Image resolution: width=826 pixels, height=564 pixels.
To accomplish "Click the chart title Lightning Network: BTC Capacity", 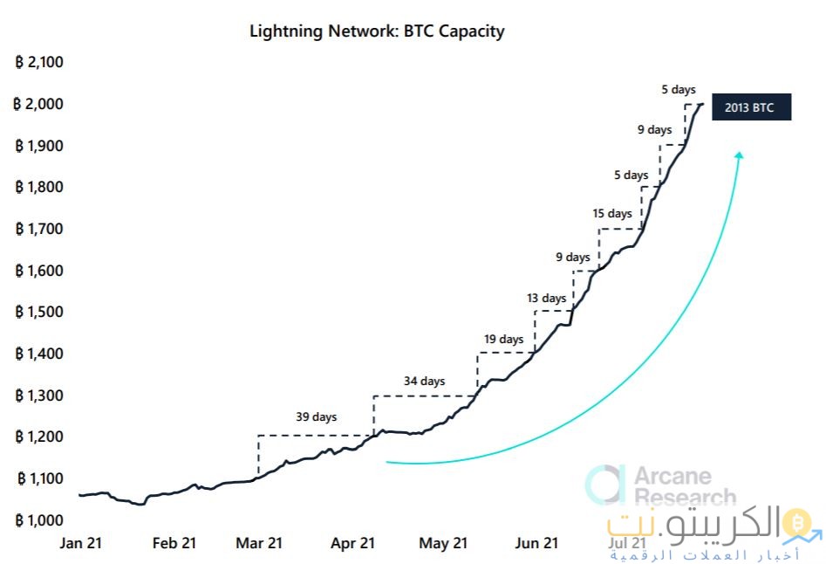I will [377, 31].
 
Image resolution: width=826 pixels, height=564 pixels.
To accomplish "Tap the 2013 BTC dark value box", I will [751, 107].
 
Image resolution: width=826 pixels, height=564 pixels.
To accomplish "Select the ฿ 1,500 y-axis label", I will [40, 312].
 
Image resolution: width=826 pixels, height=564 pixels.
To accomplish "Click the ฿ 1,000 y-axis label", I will [40, 519].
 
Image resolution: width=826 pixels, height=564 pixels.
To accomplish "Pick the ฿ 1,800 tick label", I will [40, 187].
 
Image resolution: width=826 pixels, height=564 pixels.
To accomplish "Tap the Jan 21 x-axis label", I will [81, 543].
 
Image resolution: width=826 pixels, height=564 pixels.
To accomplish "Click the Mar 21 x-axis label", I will [260, 543].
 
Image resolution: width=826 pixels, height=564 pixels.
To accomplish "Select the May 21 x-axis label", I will [443, 543].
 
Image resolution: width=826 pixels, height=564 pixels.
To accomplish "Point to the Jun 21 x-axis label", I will [536, 543].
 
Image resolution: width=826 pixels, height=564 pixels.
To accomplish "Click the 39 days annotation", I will [316, 417].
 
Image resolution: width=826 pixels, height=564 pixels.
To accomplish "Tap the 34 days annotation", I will [424, 381].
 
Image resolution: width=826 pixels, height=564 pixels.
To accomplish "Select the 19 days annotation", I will [502, 339].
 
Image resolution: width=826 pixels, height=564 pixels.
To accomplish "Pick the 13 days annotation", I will [546, 298].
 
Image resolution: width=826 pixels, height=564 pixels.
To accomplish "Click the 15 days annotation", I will [611, 213].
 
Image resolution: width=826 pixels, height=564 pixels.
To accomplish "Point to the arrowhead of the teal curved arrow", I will [739, 155].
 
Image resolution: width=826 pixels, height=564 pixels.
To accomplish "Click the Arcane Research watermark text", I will [684, 486].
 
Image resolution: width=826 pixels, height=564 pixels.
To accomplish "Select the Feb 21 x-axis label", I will [174, 543].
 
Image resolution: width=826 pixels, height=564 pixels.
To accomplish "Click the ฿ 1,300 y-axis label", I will [40, 395].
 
